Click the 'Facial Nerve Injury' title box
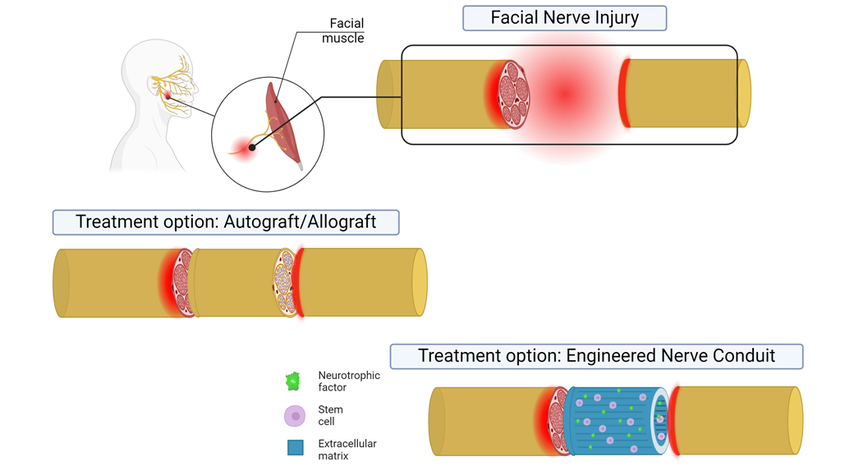point(564,18)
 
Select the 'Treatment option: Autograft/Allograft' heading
point(226,222)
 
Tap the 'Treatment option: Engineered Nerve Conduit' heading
point(596,356)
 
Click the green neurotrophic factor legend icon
point(293,381)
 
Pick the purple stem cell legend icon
point(295,416)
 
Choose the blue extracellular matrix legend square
point(296,448)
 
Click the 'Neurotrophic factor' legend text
point(349,381)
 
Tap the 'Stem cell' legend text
point(331,415)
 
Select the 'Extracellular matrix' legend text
point(347,450)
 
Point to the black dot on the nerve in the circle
point(252,148)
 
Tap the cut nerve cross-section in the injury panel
point(514,94)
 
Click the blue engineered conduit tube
point(612,421)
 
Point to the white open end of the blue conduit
point(660,421)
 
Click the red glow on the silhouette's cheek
point(168,96)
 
